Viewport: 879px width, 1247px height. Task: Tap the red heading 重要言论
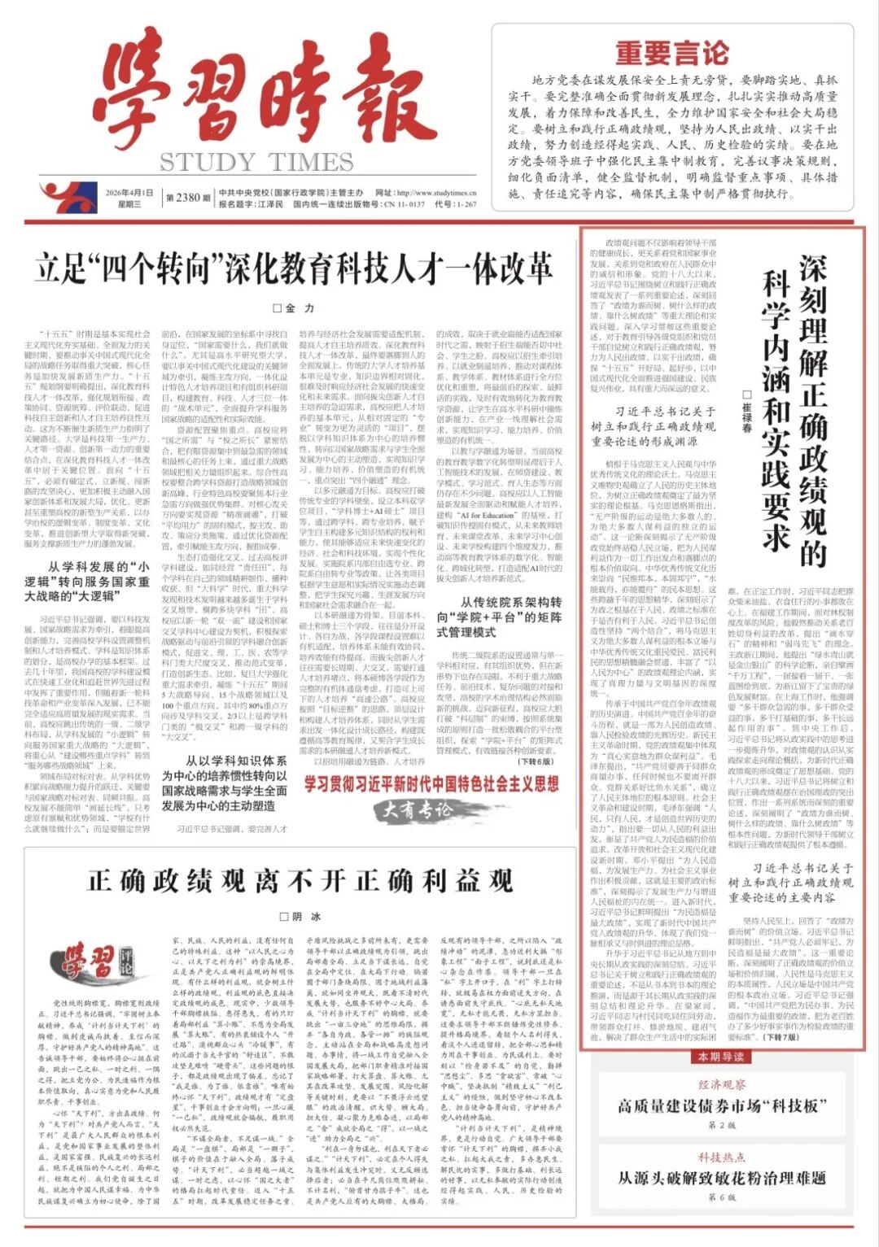671,53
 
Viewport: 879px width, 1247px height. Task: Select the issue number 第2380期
187,197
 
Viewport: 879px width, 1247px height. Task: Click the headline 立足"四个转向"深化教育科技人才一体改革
294,268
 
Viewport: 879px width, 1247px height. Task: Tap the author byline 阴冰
300,916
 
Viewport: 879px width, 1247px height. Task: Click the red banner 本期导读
721,1057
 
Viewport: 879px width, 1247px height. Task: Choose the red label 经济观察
721,1084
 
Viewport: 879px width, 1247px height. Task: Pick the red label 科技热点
721,1157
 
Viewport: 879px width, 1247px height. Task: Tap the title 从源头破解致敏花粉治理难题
721,1178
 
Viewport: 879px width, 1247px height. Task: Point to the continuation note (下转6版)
535,761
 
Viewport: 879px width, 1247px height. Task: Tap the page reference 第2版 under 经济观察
721,1125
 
